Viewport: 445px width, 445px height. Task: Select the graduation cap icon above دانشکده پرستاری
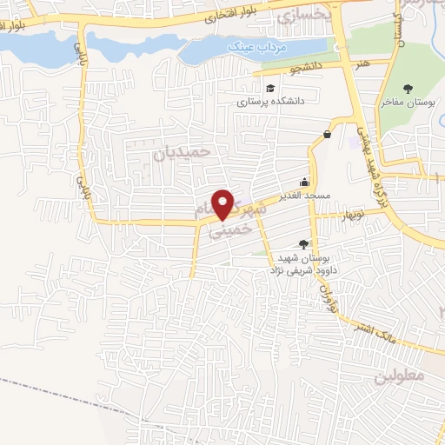click(270, 89)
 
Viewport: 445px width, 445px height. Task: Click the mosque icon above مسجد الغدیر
click(304, 183)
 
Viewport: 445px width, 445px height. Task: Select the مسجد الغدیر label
click(303, 196)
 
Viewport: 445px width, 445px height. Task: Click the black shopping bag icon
click(327, 134)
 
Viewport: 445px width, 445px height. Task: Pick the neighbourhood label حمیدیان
click(183, 151)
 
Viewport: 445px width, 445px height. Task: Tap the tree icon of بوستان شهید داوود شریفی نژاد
click(302, 245)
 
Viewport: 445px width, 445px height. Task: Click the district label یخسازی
click(302, 17)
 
